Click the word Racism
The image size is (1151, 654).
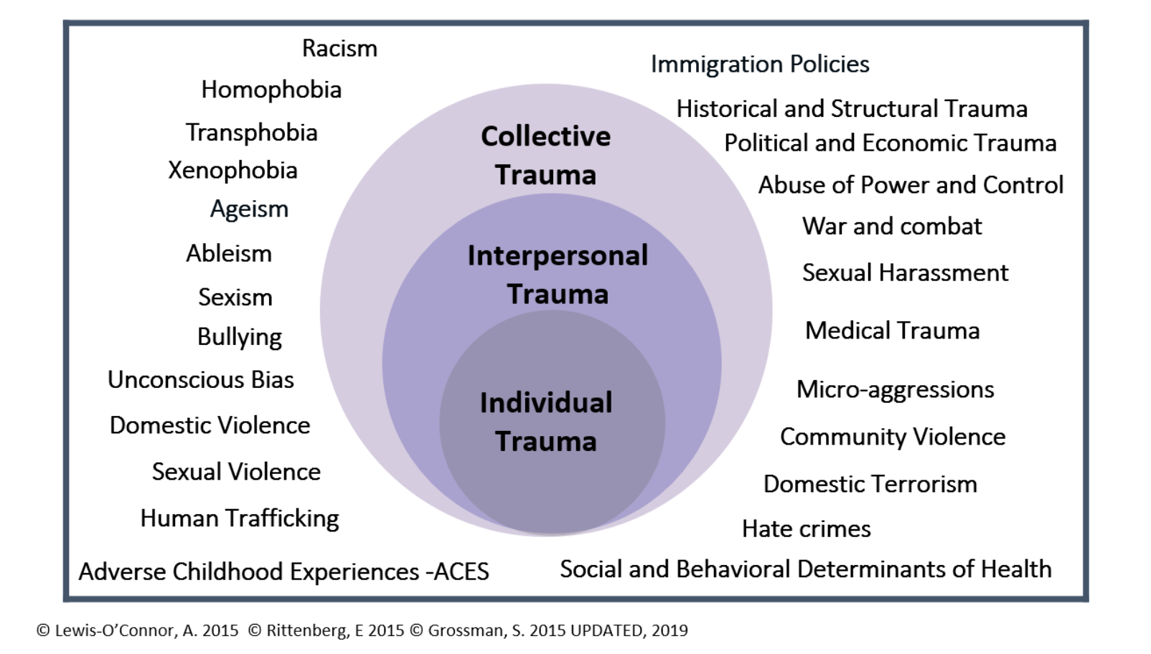339,48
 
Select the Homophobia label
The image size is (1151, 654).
271,90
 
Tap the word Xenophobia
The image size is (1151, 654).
232,171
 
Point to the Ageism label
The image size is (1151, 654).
249,209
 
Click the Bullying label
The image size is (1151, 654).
240,338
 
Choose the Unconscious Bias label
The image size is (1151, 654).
201,380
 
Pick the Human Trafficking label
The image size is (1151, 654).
240,518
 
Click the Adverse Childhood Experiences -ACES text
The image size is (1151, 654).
283,572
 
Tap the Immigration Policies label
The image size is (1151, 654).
760,65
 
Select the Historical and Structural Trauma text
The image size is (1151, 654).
852,109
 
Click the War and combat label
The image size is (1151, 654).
892,227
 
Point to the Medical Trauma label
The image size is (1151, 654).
893,331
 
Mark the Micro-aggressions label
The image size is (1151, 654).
895,390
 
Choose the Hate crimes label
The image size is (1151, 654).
807,529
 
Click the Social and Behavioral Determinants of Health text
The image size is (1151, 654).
806,569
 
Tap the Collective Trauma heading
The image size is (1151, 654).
545,155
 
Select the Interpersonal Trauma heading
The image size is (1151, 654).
558,275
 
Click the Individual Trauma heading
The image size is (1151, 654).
545,422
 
